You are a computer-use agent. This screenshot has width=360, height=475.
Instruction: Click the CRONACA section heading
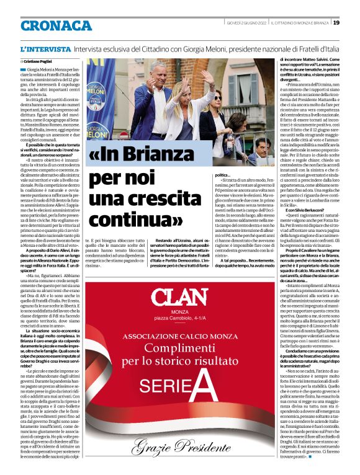[56, 25]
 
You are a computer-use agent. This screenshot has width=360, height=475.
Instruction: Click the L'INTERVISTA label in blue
[45, 48]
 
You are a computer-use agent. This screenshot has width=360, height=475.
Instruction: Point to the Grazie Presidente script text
[179, 444]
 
